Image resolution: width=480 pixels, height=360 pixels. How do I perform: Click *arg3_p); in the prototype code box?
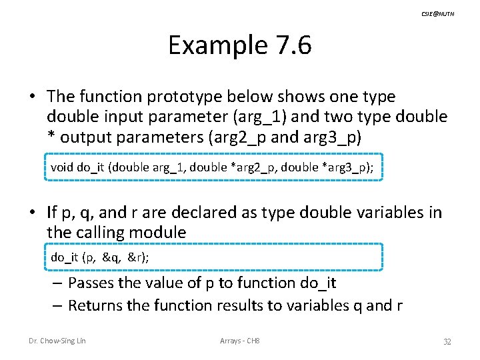coord(347,167)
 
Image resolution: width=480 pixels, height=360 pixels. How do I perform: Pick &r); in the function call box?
coord(140,257)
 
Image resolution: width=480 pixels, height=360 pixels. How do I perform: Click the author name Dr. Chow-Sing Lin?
coord(57,341)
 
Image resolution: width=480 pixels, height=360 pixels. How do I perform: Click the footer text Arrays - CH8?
coord(240,341)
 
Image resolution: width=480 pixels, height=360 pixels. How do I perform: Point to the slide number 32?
coord(447,341)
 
